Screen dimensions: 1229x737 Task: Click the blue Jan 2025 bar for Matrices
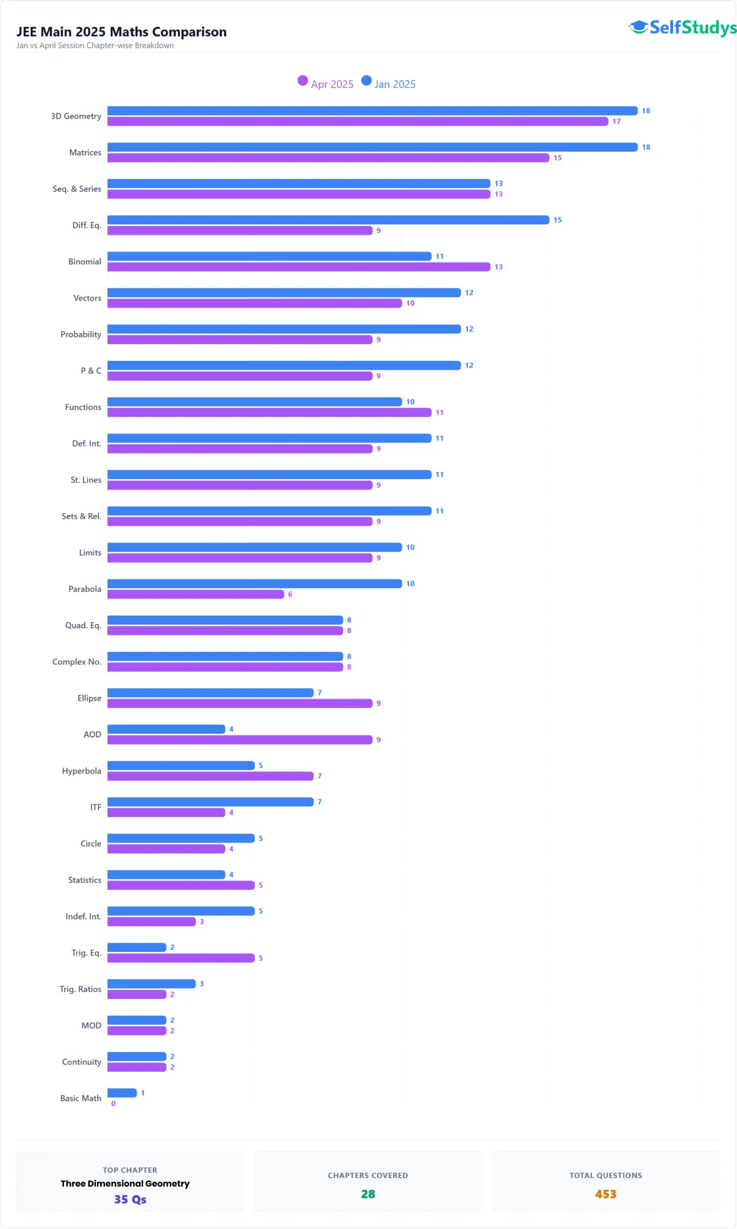[372, 147]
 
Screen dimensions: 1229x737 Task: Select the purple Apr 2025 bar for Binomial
[298, 267]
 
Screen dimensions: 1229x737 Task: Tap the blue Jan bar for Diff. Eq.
[328, 220]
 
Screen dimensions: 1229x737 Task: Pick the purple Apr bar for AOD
[240, 740]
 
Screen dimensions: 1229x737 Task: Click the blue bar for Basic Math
[122, 1093]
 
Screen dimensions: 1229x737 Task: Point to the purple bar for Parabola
[195, 594]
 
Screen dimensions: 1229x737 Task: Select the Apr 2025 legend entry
[326, 84]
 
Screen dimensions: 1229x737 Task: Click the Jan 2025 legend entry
[389, 84]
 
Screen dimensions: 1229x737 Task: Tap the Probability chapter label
[80, 334]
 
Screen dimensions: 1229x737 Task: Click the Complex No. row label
[77, 662]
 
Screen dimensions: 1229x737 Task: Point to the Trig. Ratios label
[80, 989]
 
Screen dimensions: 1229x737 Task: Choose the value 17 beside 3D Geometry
[616, 122]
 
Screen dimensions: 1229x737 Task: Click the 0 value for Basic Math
[113, 1104]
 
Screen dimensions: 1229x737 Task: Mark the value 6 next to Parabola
[290, 594]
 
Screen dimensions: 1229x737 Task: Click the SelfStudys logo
[682, 28]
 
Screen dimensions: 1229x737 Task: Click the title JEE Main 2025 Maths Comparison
[122, 32]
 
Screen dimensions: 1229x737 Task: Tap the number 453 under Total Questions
[605, 1194]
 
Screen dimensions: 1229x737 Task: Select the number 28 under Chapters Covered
[368, 1194]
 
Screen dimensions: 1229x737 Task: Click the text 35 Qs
[130, 1200]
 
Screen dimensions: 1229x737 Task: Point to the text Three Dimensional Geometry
[125, 1184]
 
